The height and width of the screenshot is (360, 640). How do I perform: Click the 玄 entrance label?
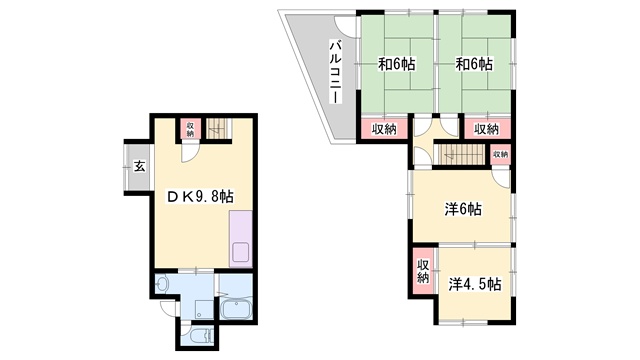point(140,166)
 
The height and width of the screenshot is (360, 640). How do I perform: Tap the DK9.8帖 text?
point(201,197)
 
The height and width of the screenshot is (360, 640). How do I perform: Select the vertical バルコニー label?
point(335,71)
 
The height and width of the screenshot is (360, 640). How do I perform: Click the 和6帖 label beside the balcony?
point(396,64)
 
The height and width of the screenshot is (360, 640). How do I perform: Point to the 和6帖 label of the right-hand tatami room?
point(474,64)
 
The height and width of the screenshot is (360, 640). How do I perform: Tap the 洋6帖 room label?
point(463,209)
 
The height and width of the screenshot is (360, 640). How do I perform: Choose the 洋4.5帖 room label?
point(475,284)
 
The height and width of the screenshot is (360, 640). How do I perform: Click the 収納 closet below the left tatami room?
point(384,129)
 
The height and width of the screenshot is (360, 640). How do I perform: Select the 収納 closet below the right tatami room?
point(487,129)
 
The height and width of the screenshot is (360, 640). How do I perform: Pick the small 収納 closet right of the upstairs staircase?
point(500,154)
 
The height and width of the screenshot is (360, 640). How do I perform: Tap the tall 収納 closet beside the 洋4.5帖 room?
point(423,271)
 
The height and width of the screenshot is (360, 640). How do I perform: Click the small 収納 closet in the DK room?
point(190,129)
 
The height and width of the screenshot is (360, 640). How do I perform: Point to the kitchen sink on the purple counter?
point(241,252)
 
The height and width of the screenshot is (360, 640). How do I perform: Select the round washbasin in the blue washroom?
point(162,284)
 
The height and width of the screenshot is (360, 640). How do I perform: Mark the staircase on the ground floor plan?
point(218,129)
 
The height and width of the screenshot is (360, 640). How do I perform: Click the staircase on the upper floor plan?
point(462,154)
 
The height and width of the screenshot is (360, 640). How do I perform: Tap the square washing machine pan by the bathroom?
point(204,310)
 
